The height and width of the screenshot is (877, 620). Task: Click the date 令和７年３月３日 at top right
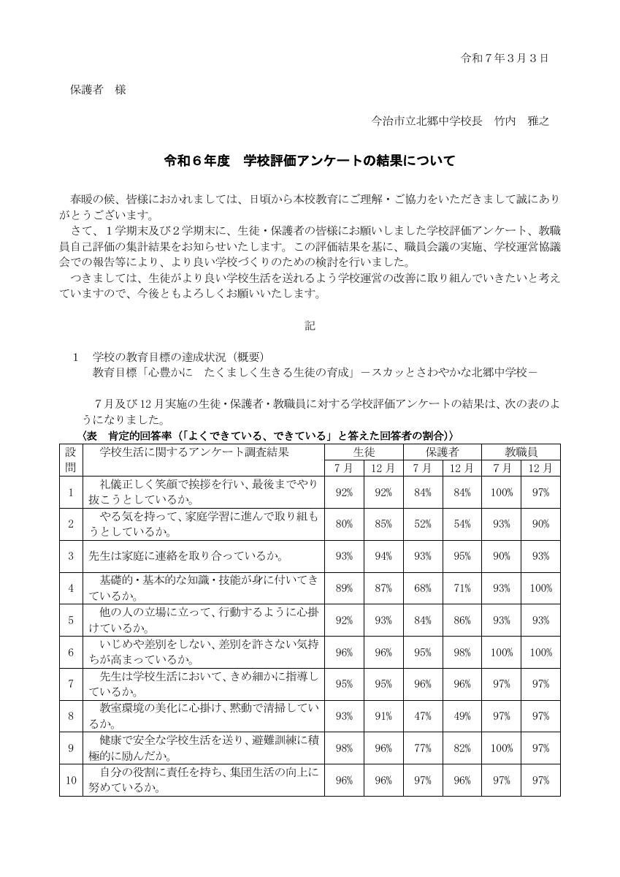(x=505, y=57)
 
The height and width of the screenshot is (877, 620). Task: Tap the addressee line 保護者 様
(x=98, y=90)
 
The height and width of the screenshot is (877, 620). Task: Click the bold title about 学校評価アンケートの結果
(x=310, y=161)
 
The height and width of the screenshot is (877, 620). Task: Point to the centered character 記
(x=310, y=326)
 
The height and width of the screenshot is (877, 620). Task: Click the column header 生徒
(x=363, y=452)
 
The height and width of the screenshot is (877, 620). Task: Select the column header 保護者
(x=442, y=452)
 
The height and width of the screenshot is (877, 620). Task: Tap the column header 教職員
(x=521, y=452)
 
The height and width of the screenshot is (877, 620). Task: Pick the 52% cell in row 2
(x=422, y=524)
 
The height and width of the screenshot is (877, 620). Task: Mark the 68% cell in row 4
(x=422, y=588)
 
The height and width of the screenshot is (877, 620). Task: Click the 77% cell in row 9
(x=422, y=748)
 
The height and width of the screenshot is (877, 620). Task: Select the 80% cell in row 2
(x=344, y=524)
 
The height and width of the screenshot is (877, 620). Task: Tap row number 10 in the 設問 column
(x=71, y=781)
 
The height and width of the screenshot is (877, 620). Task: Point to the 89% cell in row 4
(x=344, y=588)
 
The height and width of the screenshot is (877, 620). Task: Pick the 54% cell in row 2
(x=462, y=524)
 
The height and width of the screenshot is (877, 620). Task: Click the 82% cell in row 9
(x=462, y=748)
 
